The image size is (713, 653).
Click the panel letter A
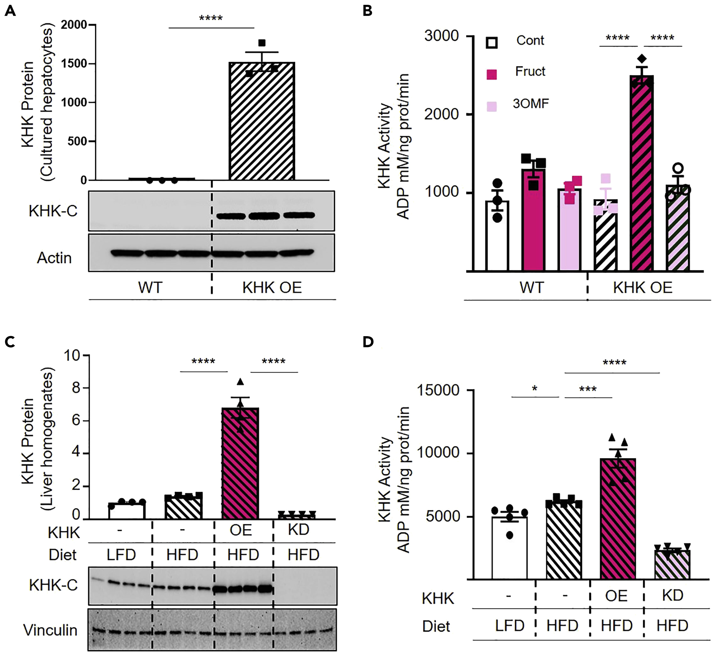10,11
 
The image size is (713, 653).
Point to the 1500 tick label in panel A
74,64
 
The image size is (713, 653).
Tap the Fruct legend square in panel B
491,74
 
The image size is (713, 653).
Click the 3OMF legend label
531,104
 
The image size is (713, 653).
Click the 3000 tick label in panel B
441,36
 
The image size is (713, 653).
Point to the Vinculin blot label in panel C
50,630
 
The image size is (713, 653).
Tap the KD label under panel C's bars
298,529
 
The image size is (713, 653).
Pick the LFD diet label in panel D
509,626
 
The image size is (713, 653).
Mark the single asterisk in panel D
535,389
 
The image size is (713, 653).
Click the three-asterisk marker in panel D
588,389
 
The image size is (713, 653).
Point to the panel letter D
368,342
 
